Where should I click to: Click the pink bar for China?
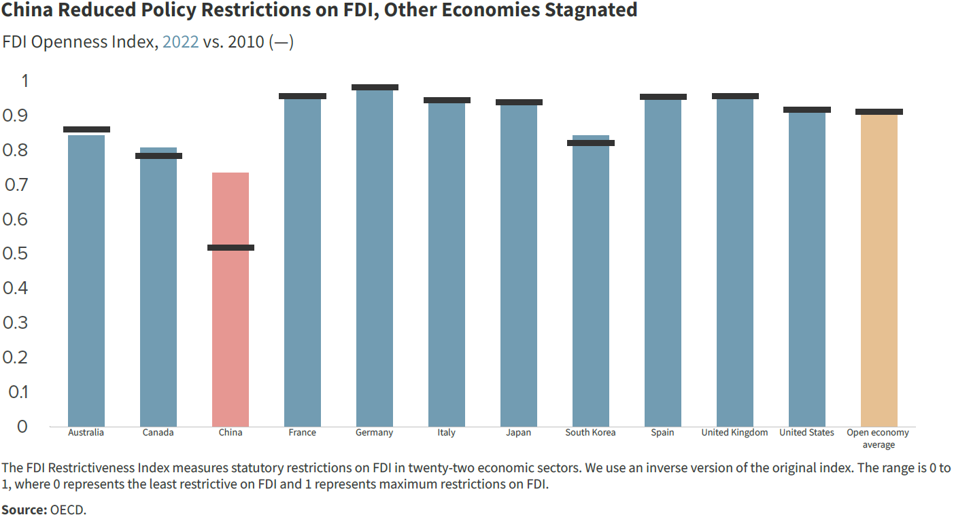pyautogui.click(x=231, y=299)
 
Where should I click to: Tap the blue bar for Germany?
pyautogui.click(x=375, y=258)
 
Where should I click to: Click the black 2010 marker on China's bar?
pyautogui.click(x=231, y=247)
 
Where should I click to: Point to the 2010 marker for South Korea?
pyautogui.click(x=591, y=143)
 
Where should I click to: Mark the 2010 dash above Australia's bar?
pyautogui.click(x=86, y=129)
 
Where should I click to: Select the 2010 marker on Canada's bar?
pyautogui.click(x=158, y=156)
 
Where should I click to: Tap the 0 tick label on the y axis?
pyautogui.click(x=22, y=426)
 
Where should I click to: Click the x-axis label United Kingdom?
pyautogui.click(x=734, y=433)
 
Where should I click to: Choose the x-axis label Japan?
pyautogui.click(x=519, y=433)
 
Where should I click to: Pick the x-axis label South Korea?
pyautogui.click(x=590, y=433)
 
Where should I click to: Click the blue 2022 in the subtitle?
pyautogui.click(x=180, y=42)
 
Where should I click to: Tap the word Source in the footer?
pyautogui.click(x=22, y=509)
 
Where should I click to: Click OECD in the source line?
pyautogui.click(x=68, y=509)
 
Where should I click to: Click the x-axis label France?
pyautogui.click(x=302, y=433)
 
